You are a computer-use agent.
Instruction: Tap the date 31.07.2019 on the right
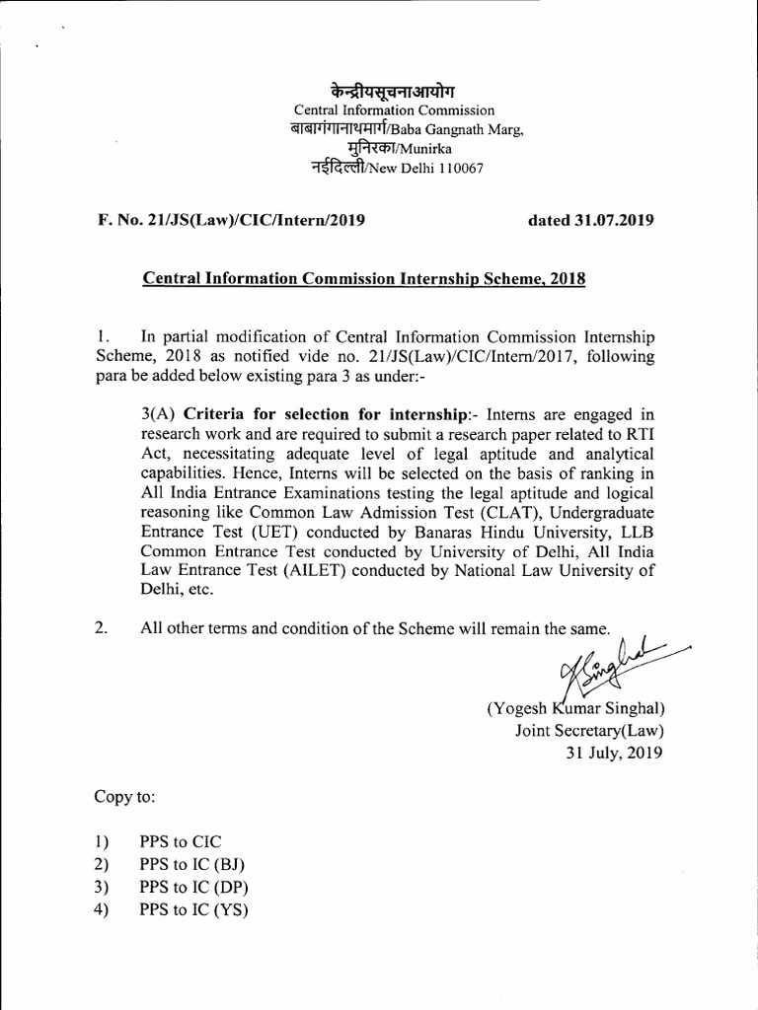click(x=590, y=221)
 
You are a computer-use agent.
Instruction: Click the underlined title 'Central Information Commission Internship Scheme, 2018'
click(x=364, y=279)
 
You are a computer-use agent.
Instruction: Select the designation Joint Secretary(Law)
click(x=589, y=731)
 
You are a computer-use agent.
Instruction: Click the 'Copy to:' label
click(x=125, y=796)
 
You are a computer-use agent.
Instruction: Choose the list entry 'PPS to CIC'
click(x=181, y=842)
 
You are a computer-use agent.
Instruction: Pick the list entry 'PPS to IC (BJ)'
click(x=192, y=865)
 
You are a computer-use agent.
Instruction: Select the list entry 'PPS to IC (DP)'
click(x=193, y=888)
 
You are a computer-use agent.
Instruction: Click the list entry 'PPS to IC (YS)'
click(x=193, y=910)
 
